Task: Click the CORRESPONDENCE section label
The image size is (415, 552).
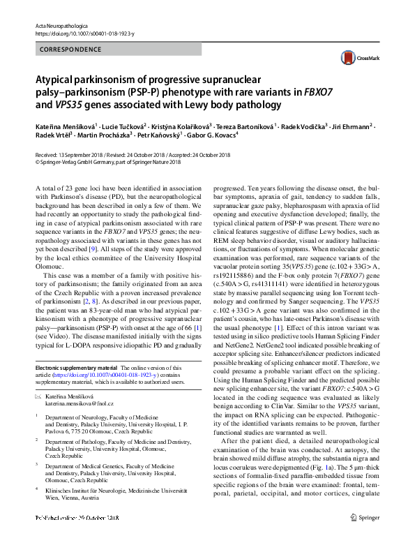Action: pos(66,50)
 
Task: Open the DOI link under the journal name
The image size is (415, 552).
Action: pos(83,33)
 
